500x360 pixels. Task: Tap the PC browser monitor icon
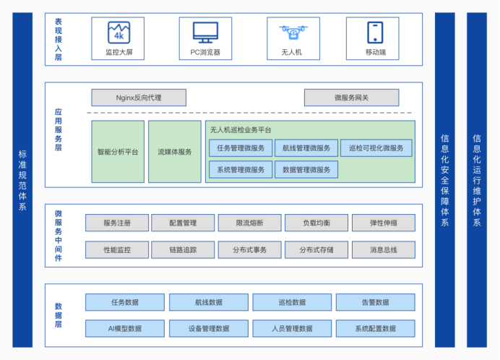pos(205,32)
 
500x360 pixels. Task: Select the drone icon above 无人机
pos(291,32)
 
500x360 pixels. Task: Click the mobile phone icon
pos(375,32)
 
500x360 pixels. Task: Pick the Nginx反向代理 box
pos(139,98)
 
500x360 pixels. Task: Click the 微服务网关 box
pos(351,98)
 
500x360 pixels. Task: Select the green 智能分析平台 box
pos(118,152)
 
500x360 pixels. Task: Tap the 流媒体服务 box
pos(175,152)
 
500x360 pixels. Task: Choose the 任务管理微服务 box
pos(241,148)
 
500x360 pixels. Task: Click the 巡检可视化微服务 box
pos(376,148)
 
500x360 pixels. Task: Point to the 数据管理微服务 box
pos(306,170)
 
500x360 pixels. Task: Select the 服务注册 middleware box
pos(116,223)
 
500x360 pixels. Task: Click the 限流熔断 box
pos(249,223)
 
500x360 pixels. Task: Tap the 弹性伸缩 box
pos(383,223)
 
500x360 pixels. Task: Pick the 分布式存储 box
pos(316,250)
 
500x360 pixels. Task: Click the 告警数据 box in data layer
pos(375,302)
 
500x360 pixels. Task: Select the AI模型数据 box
pos(125,328)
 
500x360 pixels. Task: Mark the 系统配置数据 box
pos(375,328)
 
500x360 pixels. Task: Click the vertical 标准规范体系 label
pos(22,180)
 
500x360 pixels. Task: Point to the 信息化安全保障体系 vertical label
pos(445,180)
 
